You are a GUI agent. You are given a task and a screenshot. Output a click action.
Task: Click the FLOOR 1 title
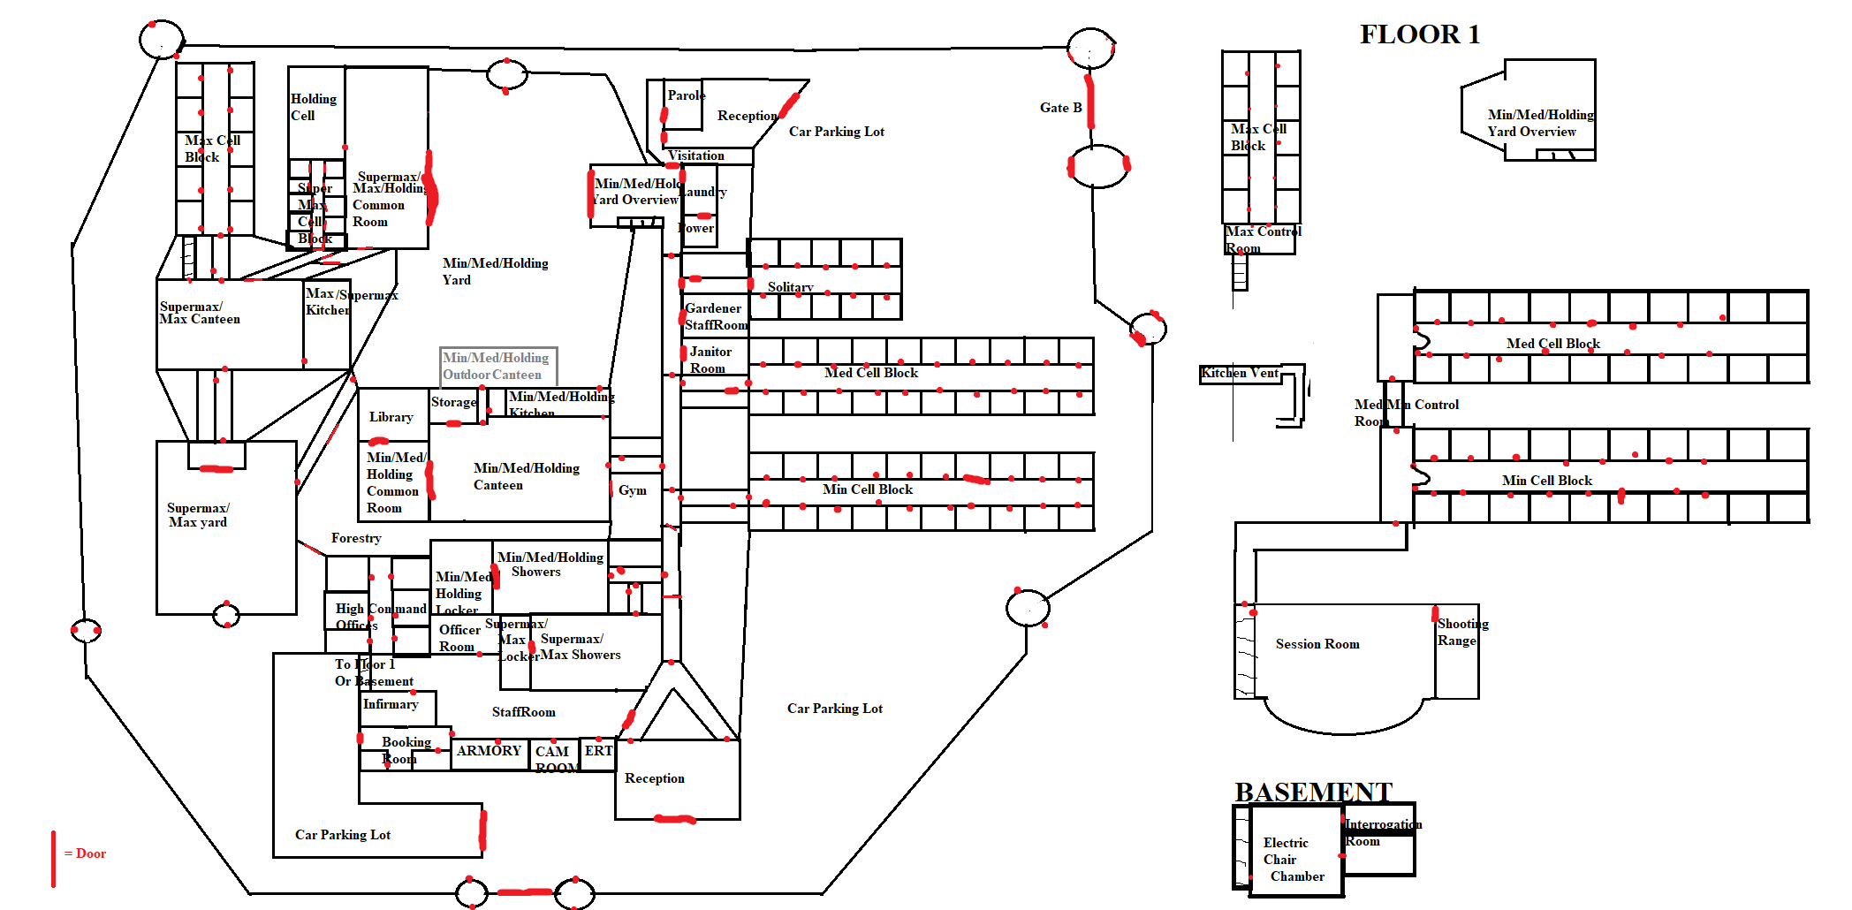click(x=1419, y=34)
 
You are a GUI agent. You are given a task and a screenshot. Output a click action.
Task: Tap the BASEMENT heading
click(x=1313, y=792)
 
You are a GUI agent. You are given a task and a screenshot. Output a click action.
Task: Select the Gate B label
click(x=1060, y=108)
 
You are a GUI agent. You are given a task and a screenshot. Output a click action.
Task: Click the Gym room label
click(x=632, y=490)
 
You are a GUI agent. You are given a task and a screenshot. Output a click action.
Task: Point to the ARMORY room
click(x=489, y=751)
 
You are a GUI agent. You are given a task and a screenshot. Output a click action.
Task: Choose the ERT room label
click(x=598, y=751)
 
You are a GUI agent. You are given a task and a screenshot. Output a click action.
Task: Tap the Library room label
click(x=391, y=417)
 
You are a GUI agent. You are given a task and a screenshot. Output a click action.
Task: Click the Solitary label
click(x=790, y=287)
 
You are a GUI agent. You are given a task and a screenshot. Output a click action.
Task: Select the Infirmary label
click(x=391, y=704)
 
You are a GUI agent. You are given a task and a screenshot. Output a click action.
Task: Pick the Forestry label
click(x=356, y=538)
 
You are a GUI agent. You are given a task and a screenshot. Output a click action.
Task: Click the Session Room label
click(x=1317, y=644)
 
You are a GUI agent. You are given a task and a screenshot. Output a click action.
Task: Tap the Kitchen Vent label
click(x=1239, y=373)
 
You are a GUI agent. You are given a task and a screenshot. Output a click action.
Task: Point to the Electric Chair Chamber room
click(x=1293, y=859)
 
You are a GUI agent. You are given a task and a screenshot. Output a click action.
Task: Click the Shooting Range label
click(x=1461, y=632)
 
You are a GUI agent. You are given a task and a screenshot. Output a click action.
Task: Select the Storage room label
click(x=453, y=402)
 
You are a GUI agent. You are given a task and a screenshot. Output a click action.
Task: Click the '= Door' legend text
click(x=85, y=853)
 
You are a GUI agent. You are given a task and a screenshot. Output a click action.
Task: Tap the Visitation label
click(x=696, y=155)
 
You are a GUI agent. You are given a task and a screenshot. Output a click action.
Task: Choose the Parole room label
click(x=686, y=95)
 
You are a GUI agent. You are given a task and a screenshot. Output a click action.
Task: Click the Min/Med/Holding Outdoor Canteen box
click(x=498, y=366)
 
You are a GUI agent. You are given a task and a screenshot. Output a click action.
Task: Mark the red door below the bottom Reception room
click(x=675, y=820)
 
